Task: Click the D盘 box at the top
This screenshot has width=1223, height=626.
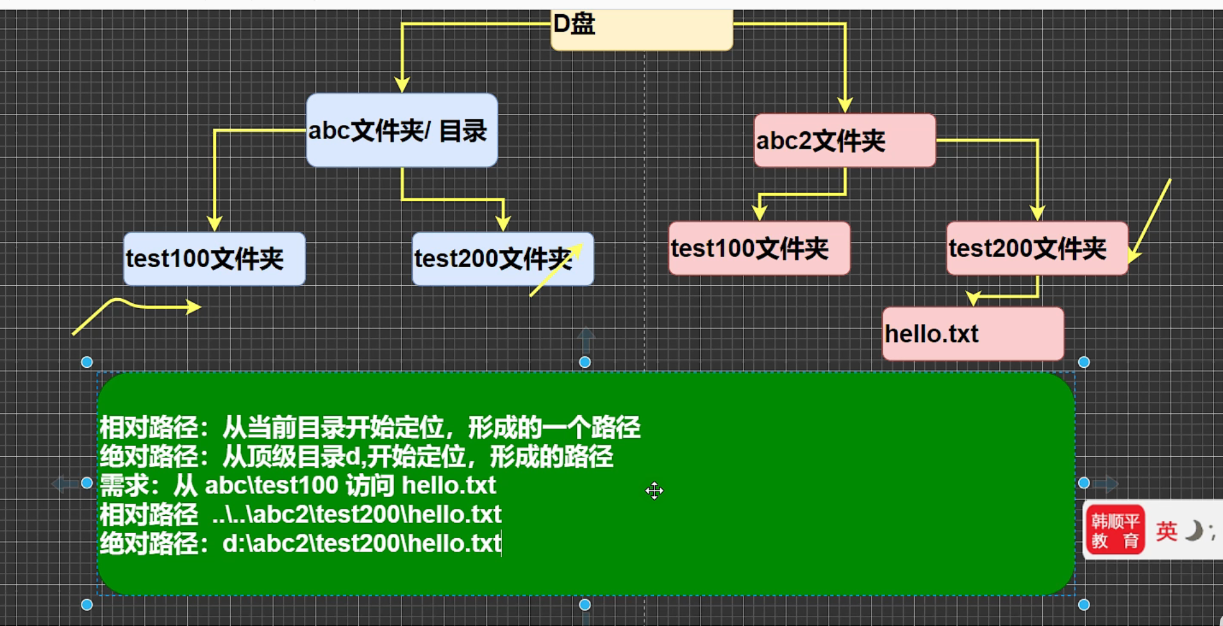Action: (641, 29)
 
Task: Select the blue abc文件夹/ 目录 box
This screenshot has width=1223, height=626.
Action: (402, 131)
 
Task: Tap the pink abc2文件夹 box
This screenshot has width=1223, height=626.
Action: (845, 141)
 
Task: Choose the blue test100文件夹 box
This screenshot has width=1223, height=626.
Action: (214, 259)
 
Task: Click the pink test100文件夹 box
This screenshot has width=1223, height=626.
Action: (759, 249)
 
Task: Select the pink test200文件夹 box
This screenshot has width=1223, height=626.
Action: (1036, 249)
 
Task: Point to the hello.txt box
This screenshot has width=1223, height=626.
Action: (972, 334)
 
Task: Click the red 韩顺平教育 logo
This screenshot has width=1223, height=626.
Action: (1115, 530)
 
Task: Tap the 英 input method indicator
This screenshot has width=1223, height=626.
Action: (1167, 531)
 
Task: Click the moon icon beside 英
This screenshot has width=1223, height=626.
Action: (1193, 531)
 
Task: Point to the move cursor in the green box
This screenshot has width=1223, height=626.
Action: (654, 491)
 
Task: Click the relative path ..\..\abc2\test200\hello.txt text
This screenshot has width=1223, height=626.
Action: (356, 515)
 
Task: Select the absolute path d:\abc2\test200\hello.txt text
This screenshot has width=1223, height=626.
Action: (362, 543)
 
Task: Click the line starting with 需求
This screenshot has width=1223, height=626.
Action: (297, 486)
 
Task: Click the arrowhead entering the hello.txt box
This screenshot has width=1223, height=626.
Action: (974, 298)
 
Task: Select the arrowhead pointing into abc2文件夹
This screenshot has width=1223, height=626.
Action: (845, 105)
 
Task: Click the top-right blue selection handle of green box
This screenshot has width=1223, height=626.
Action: (1084, 362)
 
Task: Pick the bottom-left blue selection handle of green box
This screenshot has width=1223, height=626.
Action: (87, 604)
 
